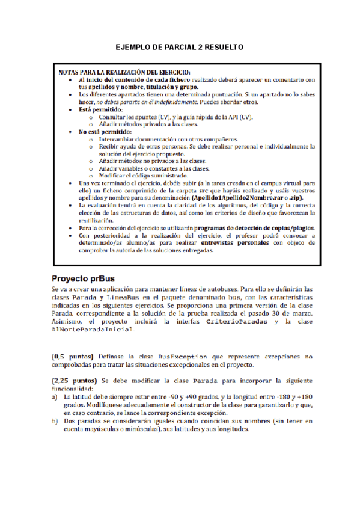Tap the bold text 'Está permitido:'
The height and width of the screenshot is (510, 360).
pyautogui.click(x=100, y=109)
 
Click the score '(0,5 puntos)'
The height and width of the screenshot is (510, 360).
pyautogui.click(x=72, y=356)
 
